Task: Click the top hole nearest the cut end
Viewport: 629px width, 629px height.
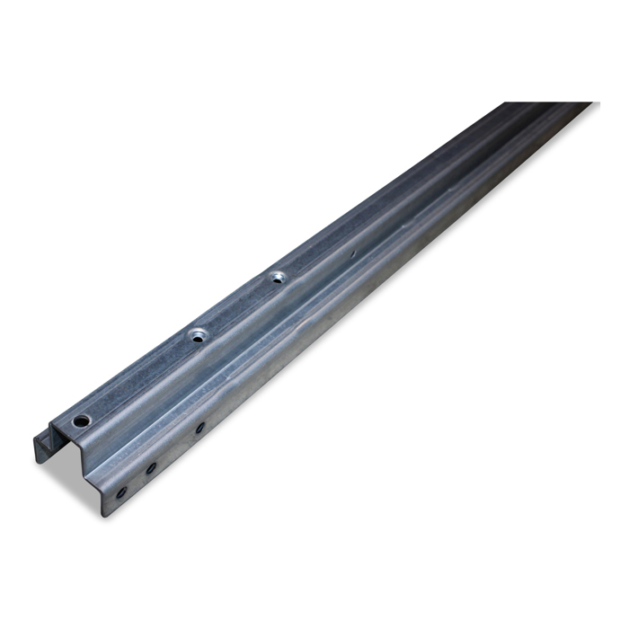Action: [82, 421]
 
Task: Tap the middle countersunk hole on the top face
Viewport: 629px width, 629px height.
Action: [197, 335]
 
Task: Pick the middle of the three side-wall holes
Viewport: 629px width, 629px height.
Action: [151, 467]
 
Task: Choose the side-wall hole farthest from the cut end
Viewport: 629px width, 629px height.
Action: [199, 428]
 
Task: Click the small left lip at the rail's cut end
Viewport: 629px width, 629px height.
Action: [42, 449]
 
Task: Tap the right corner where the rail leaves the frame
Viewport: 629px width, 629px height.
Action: [589, 105]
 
